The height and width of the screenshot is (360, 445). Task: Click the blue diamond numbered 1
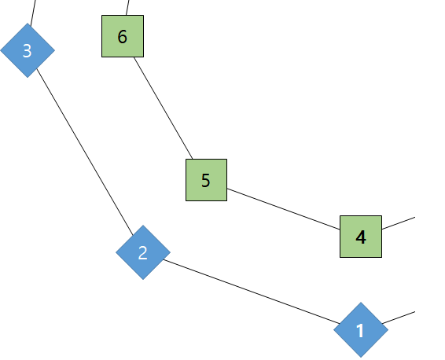click(x=361, y=330)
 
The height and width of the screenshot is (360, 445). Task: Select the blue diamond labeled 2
click(x=143, y=252)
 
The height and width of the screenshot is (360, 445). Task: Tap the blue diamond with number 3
click(x=28, y=50)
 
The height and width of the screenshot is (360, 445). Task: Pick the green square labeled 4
click(x=361, y=237)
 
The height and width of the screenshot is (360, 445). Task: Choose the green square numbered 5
click(x=206, y=180)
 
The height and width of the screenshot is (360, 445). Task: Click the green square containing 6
click(x=123, y=36)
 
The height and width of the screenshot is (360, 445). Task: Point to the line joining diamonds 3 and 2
click(x=85, y=152)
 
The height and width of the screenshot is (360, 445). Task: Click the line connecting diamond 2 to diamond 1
click(x=252, y=292)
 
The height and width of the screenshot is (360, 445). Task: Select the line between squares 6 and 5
click(x=164, y=108)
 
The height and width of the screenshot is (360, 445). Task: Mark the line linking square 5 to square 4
click(x=284, y=209)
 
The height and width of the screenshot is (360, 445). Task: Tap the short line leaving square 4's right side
click(x=399, y=223)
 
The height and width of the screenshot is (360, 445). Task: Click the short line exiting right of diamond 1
click(x=399, y=318)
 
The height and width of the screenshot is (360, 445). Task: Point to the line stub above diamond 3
click(x=33, y=13)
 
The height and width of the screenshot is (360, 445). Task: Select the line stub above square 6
click(x=127, y=8)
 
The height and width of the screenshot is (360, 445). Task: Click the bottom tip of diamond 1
click(x=361, y=358)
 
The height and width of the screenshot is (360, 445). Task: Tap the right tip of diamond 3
click(x=55, y=50)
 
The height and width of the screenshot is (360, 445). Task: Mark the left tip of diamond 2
click(x=116, y=252)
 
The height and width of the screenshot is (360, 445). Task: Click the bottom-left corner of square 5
click(x=186, y=200)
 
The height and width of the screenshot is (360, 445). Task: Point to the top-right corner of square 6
click(x=143, y=15)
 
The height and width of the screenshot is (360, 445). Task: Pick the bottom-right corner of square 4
click(x=382, y=257)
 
